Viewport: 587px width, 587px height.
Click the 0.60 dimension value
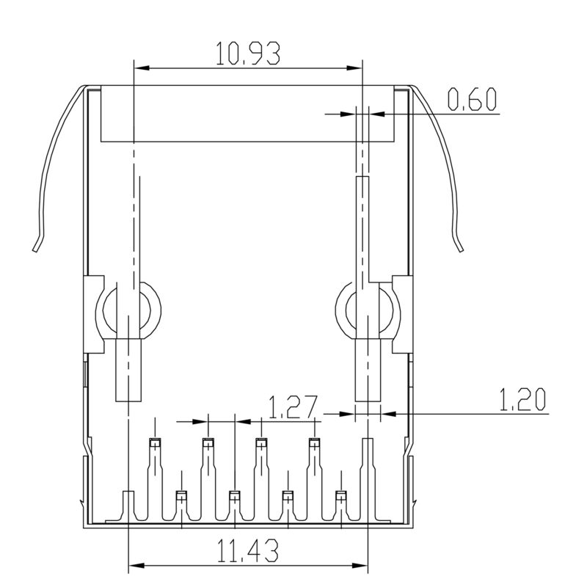tap(473, 100)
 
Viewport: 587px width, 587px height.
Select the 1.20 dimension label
tap(522, 401)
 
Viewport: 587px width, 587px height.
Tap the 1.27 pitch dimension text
tap(291, 406)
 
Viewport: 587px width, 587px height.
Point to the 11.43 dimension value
tap(248, 550)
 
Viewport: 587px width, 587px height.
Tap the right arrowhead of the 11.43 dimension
tap(361, 566)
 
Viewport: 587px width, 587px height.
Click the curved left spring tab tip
tap(35, 247)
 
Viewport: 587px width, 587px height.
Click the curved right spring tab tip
tap(461, 248)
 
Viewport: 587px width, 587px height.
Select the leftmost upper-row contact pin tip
tap(155, 442)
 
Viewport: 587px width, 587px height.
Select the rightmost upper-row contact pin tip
tap(315, 442)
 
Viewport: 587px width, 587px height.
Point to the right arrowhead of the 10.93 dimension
tap(357, 68)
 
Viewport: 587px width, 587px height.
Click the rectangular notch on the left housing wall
tap(94, 312)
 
